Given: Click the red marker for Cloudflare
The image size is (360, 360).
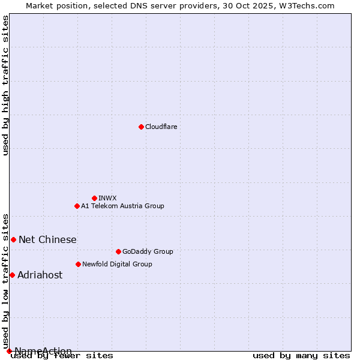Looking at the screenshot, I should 141,127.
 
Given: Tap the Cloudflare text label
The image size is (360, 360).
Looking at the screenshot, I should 161,127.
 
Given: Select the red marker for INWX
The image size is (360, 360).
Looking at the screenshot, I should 94,198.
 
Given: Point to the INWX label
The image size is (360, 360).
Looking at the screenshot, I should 107,198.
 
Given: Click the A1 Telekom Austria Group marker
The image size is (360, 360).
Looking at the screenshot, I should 77,206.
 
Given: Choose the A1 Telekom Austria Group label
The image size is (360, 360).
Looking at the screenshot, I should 122,206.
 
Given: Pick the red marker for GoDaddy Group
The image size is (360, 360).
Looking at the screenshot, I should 118,251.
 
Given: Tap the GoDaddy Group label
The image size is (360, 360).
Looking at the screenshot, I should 147,251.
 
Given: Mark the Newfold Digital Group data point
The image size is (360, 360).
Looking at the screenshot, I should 78,264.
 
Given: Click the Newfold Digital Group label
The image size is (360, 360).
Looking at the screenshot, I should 117,264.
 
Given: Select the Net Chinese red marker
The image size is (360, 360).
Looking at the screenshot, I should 13,239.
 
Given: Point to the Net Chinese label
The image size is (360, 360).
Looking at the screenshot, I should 47,240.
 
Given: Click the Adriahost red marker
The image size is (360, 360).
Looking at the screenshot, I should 12,275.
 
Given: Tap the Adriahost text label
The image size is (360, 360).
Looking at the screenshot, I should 40,275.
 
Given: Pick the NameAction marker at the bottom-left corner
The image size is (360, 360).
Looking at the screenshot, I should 9,351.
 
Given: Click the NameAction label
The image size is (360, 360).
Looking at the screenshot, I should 43,351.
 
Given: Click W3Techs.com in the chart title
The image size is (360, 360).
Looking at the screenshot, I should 304,5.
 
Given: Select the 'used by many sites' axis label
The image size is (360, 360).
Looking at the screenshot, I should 301,355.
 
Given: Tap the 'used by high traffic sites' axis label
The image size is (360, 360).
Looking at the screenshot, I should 6,85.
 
